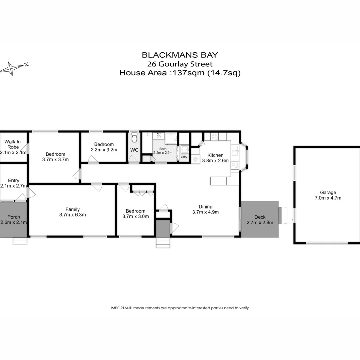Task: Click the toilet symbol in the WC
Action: point(134,137)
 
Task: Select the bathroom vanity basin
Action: point(159,136)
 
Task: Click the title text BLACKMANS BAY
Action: point(180,55)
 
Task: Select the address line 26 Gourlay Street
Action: point(180,64)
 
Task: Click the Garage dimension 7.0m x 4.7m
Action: point(328,198)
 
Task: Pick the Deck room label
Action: point(260,217)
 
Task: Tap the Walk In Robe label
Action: point(12,144)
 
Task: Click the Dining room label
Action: point(205,206)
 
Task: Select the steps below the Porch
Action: point(20,241)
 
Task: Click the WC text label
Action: point(134,150)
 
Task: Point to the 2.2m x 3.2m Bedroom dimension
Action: point(104,150)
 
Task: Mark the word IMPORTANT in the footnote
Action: point(121,308)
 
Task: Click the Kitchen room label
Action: point(215,155)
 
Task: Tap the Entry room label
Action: point(14,180)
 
